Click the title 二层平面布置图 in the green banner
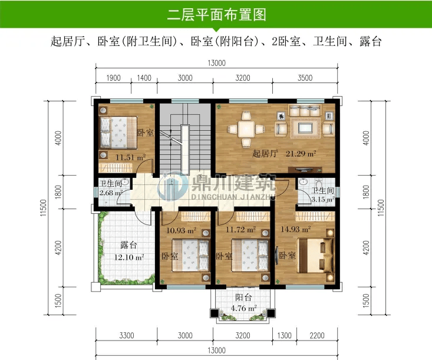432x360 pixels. click(216, 15)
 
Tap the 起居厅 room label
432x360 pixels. click(265, 153)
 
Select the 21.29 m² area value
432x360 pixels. click(301, 153)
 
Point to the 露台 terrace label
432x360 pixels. click(128, 245)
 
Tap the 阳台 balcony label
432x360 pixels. click(243, 298)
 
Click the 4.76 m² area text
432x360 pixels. click(244, 308)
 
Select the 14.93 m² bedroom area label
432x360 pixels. click(296, 229)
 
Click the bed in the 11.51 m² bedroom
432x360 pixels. click(118, 133)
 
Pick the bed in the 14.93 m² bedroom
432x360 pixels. click(315, 255)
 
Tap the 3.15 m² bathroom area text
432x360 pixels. click(322, 199)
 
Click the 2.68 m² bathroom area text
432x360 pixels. click(111, 193)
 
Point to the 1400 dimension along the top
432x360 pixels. click(144, 78)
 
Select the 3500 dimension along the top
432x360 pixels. click(305, 78)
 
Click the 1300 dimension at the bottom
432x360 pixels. click(284, 335)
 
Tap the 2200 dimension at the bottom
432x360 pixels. click(317, 335)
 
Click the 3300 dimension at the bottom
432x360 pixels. click(127, 335)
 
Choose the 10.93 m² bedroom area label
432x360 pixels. click(181, 230)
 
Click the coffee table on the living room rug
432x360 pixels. click(305, 128)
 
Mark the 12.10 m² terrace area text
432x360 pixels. click(129, 257)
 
